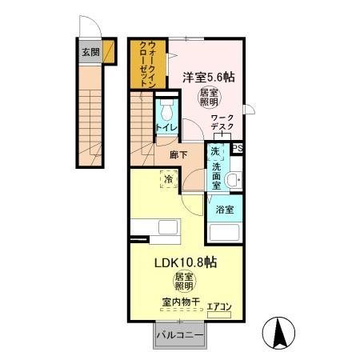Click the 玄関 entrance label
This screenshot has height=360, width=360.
pos(90,53)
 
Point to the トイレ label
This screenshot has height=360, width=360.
pos(166,128)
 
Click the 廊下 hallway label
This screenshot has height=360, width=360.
pos(178,155)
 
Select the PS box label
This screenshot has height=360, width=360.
pos(237,148)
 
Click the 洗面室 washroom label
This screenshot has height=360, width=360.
pos(216,170)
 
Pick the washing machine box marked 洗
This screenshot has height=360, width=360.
pos(214,150)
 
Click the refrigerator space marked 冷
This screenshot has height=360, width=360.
pos(170,181)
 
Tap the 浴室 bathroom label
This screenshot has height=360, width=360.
pos(225,210)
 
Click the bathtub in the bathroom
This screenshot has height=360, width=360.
pos(226,232)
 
